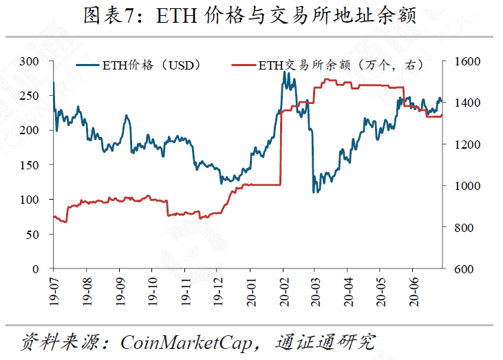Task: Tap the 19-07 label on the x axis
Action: pos(54,291)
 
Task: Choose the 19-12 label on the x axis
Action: pos(217,291)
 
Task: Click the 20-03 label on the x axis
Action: pos(315,291)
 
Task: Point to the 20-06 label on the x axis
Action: pos(413,291)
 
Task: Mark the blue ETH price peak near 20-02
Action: pos(285,72)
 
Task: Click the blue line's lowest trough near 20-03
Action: pos(314,192)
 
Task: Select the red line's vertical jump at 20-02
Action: pos(281,148)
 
